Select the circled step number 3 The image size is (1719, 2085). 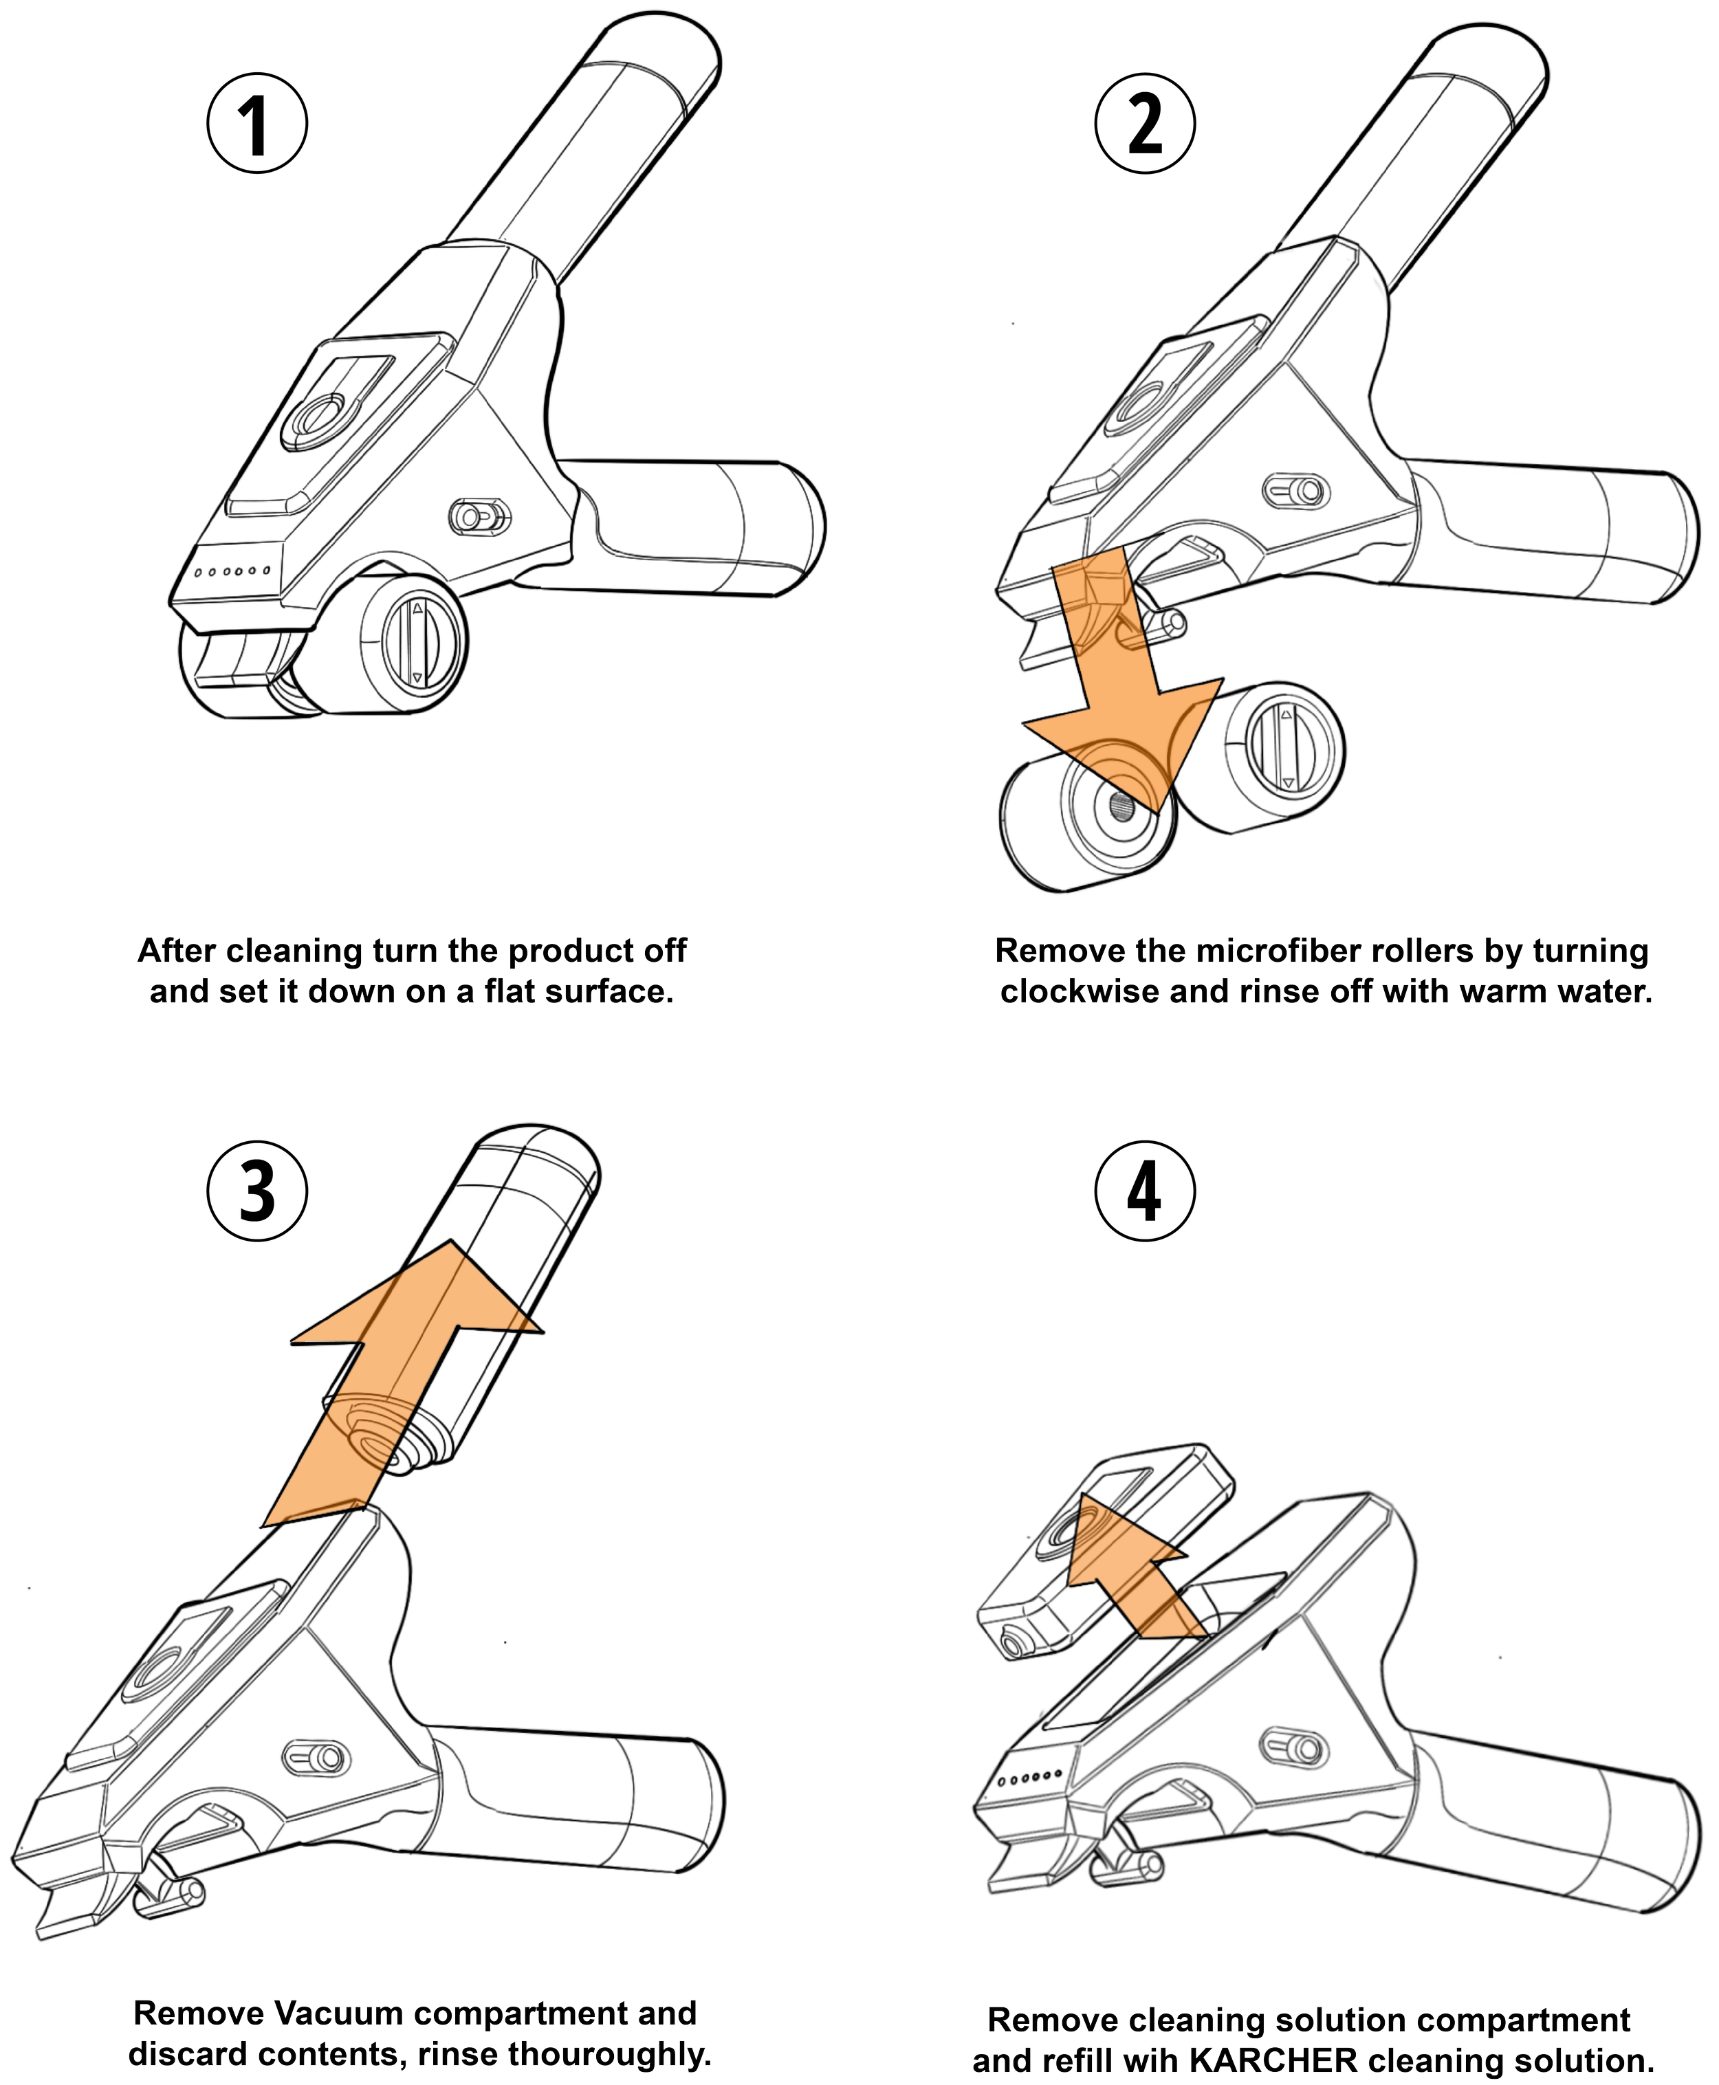256,1191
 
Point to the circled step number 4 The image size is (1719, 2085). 1145,1191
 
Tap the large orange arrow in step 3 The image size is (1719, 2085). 396,1386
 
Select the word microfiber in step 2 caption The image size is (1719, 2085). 1278,951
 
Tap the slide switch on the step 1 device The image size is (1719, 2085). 480,516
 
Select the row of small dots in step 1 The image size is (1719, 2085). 232,571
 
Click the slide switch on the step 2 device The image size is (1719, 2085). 1295,490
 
